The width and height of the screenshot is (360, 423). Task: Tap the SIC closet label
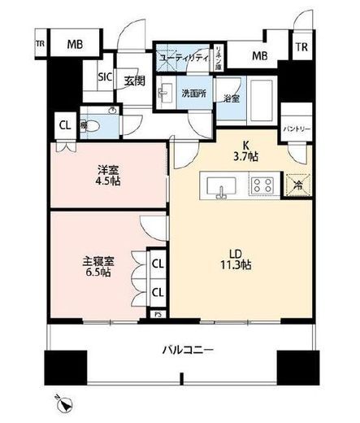coord(106,77)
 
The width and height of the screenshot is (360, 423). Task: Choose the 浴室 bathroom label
coord(232,98)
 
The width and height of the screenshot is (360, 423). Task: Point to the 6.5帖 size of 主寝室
coord(98,273)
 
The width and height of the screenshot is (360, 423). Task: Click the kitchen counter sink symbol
coord(221,186)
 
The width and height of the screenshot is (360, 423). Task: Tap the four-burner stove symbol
coord(262,185)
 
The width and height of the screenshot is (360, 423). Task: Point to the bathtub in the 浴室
coord(262,99)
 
